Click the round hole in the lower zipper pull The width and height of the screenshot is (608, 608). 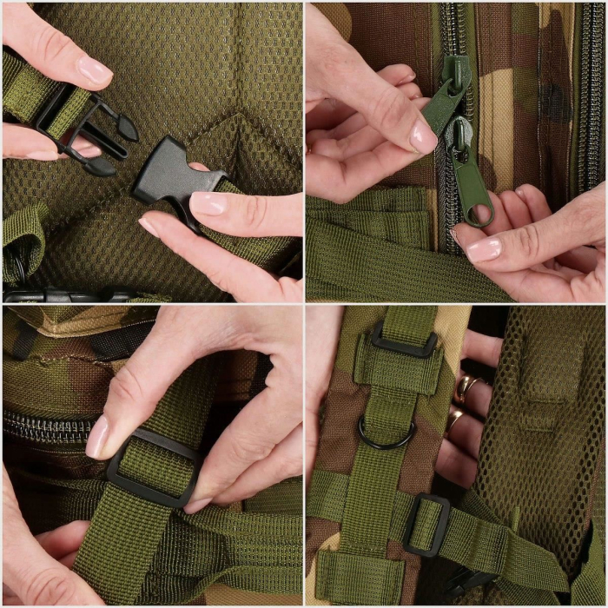pos(479,213)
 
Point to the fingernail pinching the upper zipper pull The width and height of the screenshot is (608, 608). pos(424,137)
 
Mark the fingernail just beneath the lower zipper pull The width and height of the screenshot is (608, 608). pos(484,250)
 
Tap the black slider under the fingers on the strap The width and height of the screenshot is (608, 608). pos(155,469)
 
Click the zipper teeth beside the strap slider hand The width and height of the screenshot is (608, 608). pos(43,426)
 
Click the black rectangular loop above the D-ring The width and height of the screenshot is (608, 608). pos(404,339)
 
